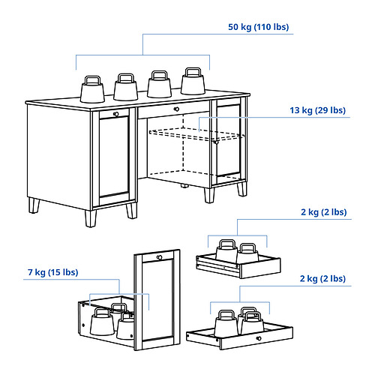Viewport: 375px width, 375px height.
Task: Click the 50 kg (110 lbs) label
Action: pyautogui.click(x=258, y=27)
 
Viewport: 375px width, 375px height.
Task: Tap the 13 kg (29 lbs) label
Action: pyautogui.click(x=317, y=110)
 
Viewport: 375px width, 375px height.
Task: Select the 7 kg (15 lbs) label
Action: pyautogui.click(x=53, y=272)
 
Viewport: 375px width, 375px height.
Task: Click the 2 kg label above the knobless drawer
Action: pyautogui.click(x=324, y=212)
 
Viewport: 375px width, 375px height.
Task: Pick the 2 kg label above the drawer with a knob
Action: pyautogui.click(x=322, y=278)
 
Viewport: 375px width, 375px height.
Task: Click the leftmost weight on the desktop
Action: pyautogui.click(x=92, y=89)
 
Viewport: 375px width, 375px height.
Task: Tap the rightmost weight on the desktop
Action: pyautogui.click(x=193, y=81)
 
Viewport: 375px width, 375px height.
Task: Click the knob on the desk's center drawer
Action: pyautogui.click(x=176, y=109)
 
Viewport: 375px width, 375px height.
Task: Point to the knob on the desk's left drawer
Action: pyautogui.click(x=116, y=114)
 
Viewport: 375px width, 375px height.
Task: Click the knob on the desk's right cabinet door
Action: pyautogui.click(x=217, y=142)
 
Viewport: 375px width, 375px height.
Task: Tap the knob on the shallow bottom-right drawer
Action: pyautogui.click(x=259, y=338)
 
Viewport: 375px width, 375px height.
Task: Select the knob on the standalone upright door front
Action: pyautogui.click(x=159, y=257)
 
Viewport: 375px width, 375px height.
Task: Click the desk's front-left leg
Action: pyautogui.click(x=91, y=218)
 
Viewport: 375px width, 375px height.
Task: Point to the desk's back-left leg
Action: pyautogui.click(x=34, y=205)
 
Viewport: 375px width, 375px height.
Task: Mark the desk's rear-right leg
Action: pyautogui.click(x=242, y=189)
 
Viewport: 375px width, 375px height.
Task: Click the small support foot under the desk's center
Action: pyautogui.click(x=184, y=186)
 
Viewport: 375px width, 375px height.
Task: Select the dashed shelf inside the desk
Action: pyautogui.click(x=196, y=135)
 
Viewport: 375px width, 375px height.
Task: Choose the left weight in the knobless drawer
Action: pyautogui.click(x=226, y=250)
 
